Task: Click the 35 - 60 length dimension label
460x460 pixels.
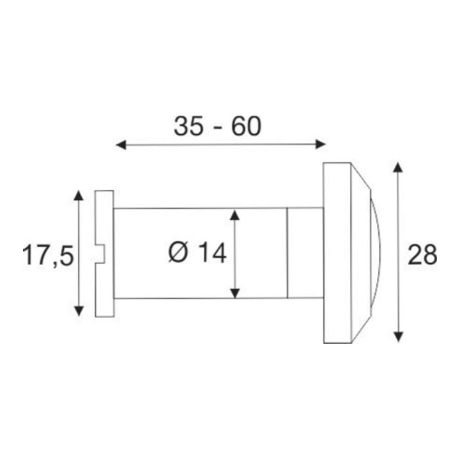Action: (217, 126)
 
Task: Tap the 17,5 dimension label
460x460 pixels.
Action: (48, 256)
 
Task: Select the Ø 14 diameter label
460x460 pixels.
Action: (197, 252)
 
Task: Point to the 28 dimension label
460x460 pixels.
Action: (422, 255)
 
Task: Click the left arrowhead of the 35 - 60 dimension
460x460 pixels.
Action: (121, 144)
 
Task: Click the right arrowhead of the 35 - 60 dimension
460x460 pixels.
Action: (321, 144)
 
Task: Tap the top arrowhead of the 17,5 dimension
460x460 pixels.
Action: (79, 195)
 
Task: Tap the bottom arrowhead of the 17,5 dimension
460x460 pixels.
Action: (79, 311)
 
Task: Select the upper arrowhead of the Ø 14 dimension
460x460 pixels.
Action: (234, 215)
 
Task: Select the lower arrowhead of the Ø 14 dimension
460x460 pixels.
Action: (234, 293)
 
